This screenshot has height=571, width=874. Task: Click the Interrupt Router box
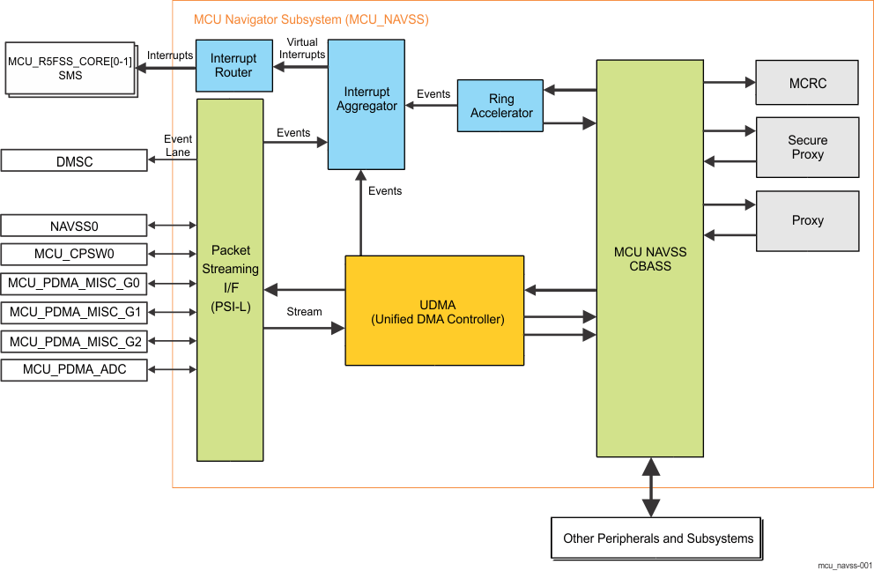(233, 65)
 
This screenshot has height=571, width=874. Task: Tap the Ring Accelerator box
(500, 106)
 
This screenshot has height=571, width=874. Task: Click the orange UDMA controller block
(434, 310)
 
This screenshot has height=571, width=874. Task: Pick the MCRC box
(807, 83)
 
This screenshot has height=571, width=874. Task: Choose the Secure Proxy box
(807, 147)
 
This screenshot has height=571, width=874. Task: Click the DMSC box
(74, 161)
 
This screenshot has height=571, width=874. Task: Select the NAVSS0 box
(74, 226)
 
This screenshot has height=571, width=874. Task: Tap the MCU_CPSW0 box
(74, 255)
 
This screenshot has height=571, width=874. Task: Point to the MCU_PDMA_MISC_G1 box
(74, 312)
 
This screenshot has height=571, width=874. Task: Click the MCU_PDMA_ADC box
(74, 369)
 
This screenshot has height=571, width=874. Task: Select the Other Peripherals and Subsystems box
(657, 538)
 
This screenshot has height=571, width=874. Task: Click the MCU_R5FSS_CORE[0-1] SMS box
(70, 68)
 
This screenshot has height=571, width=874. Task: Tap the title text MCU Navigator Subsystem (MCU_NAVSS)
(311, 19)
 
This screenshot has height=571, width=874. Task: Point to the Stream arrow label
(304, 312)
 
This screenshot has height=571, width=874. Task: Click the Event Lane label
(178, 145)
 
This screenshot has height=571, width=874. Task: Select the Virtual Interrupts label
(302, 48)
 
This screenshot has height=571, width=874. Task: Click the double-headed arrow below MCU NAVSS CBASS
(650, 486)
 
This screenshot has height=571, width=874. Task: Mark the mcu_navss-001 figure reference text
(844, 565)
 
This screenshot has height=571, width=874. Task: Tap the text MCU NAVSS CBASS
(650, 259)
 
